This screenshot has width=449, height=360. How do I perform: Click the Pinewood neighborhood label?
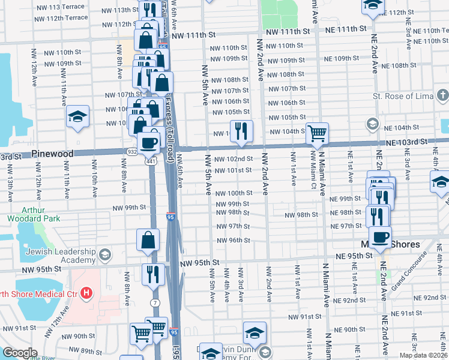click(53, 154)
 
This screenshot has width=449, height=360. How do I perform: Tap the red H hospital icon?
click(87, 293)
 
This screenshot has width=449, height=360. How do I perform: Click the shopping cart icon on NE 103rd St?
click(317, 133)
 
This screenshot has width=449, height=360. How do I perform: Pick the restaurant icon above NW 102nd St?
click(241, 131)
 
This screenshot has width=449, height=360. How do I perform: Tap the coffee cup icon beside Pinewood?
click(149, 143)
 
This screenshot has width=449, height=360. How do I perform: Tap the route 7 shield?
click(155, 302)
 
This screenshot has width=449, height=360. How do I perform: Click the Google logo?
click(20, 353)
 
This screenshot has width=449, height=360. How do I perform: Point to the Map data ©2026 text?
click(423, 355)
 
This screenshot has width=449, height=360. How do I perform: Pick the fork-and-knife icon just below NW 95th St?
click(152, 274)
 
